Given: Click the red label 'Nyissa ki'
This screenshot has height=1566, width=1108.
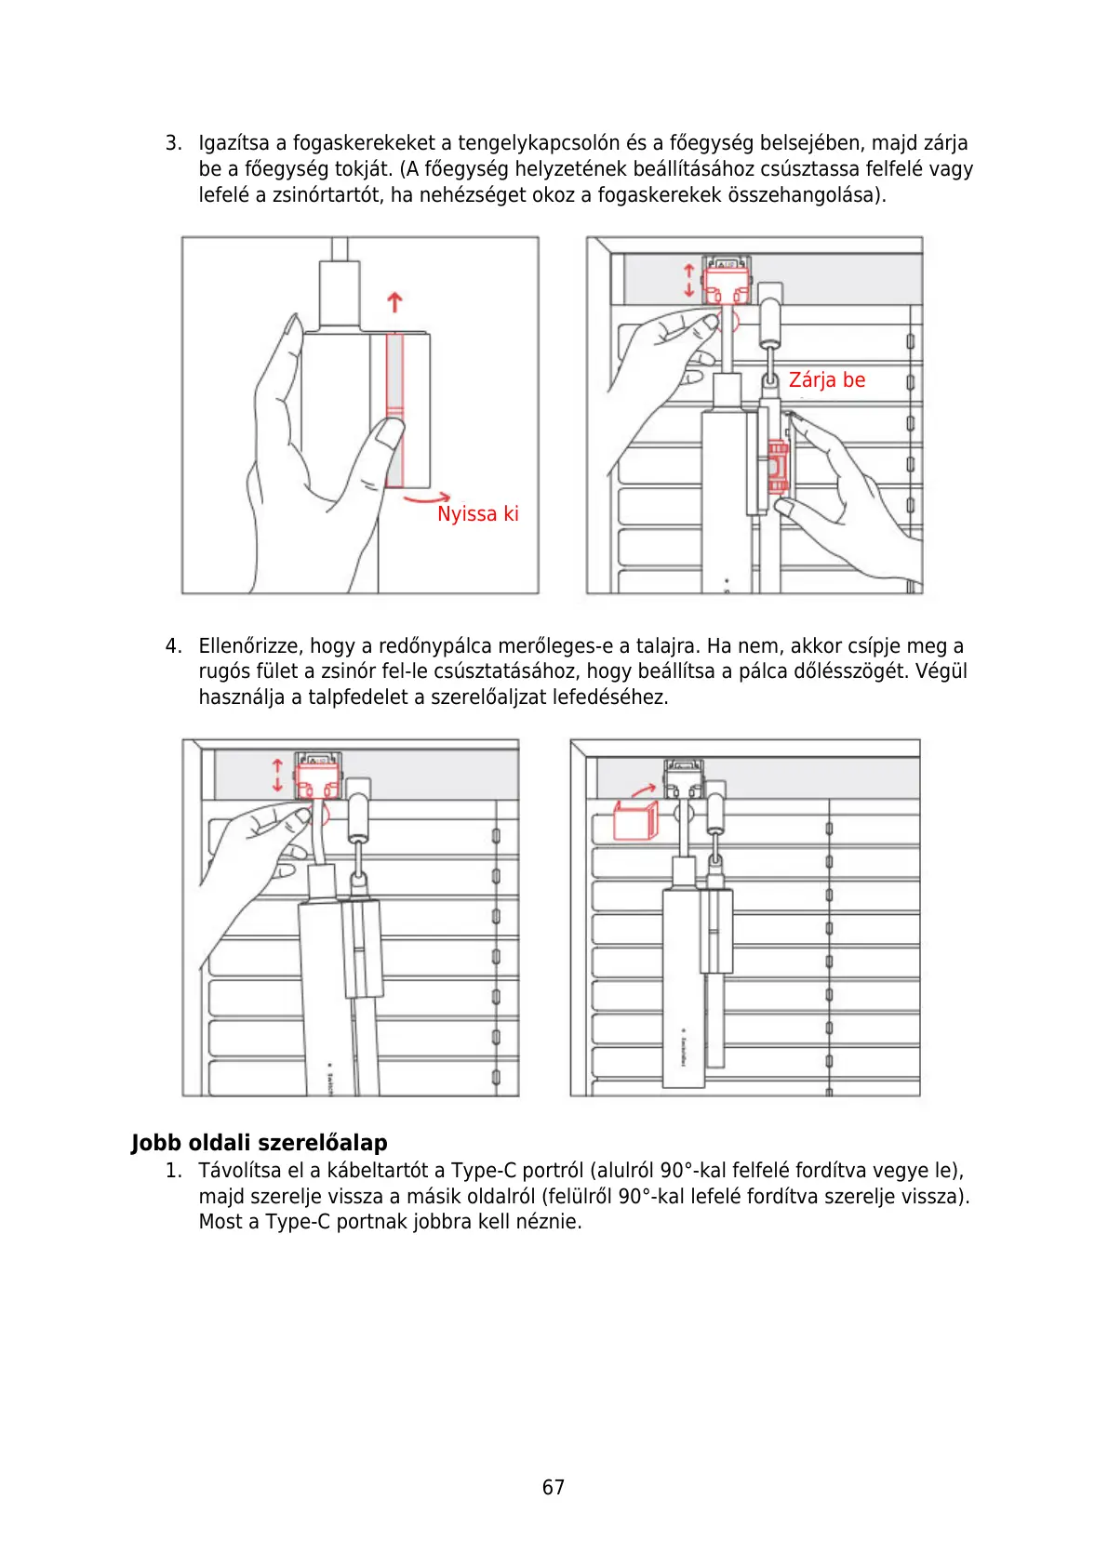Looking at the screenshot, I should point(477,514).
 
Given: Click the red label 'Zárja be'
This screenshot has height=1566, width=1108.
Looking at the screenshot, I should point(826,380).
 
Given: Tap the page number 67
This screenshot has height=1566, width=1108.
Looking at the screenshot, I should point(553,1487).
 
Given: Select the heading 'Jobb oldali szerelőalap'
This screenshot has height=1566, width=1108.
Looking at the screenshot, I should point(259,1143).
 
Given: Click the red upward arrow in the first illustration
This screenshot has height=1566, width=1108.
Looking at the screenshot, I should point(394,302).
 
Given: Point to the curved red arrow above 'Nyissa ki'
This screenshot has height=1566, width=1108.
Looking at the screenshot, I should point(428,499).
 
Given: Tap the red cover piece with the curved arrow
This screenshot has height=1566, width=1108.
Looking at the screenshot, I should point(635,820).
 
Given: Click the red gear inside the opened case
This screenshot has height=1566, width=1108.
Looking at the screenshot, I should point(778,465).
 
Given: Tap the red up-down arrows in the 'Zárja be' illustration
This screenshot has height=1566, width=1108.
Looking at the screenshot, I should point(688,280).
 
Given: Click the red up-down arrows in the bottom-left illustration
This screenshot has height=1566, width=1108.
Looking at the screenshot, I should point(277,775).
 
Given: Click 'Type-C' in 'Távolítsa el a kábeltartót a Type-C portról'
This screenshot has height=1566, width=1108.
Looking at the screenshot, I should point(483,1171).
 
